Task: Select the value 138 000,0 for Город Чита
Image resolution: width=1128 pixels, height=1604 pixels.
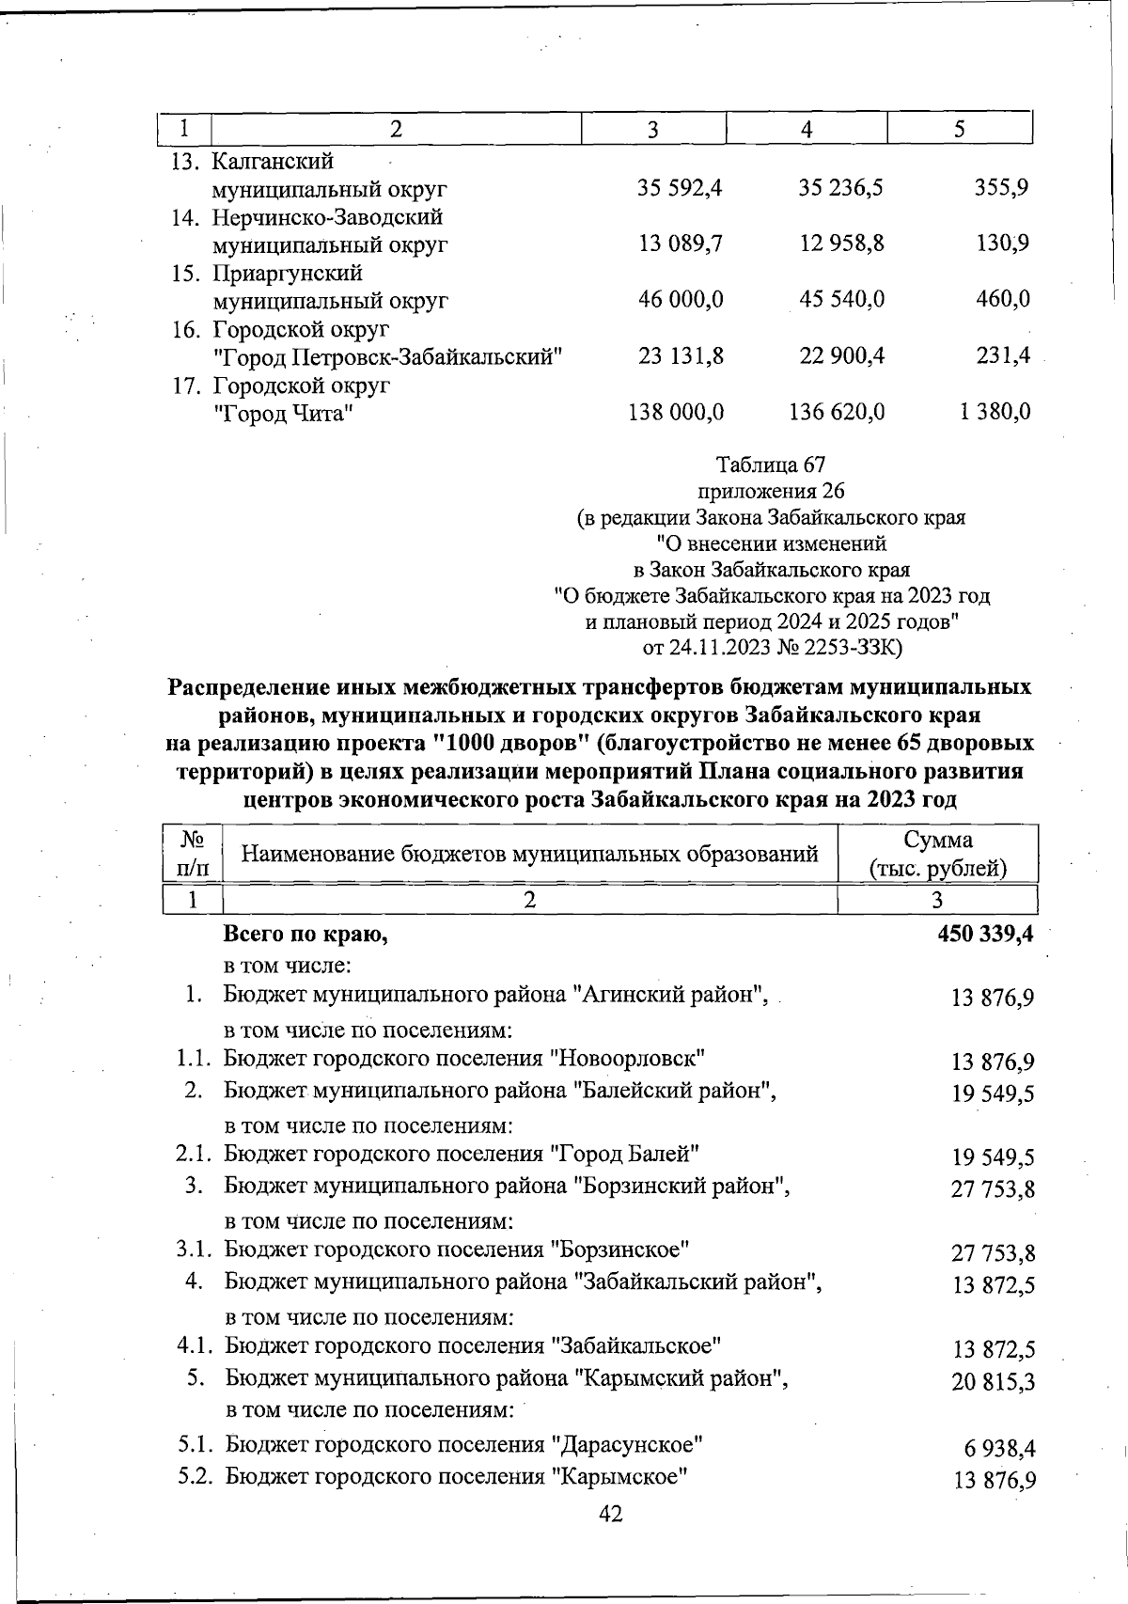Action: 676,412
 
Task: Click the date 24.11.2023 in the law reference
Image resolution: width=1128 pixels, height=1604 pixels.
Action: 719,648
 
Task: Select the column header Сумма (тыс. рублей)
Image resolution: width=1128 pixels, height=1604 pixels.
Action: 937,854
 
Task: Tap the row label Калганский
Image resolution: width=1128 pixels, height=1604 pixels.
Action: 274,162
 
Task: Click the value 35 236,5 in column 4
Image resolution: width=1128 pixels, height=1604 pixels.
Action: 840,188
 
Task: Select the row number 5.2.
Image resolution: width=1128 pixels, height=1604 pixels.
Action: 198,1476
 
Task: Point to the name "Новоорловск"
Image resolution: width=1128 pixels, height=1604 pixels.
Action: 628,1059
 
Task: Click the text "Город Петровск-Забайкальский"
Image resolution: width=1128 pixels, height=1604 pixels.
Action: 388,357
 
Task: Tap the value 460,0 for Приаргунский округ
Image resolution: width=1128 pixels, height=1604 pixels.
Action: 1002,300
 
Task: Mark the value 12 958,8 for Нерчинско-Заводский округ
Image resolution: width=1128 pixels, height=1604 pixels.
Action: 841,244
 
